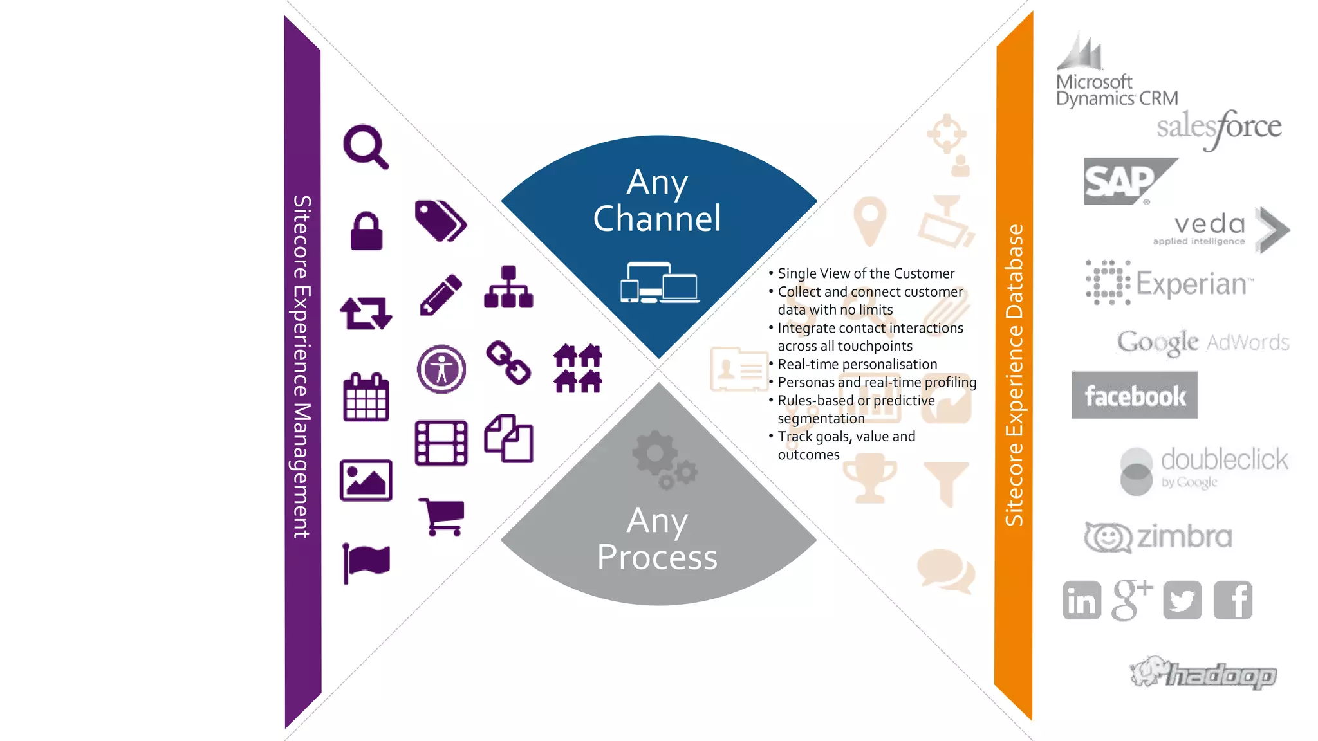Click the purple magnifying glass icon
(x=365, y=147)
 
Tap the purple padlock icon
(x=366, y=231)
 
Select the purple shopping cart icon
(x=442, y=517)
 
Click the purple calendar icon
(x=366, y=398)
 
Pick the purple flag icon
(x=366, y=562)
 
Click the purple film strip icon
(x=441, y=443)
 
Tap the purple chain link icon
(x=508, y=362)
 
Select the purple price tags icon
(x=441, y=221)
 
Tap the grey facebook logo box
(x=1134, y=396)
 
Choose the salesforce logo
(x=1219, y=127)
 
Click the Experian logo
(x=1170, y=283)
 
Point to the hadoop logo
(x=1203, y=673)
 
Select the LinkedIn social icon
(x=1081, y=600)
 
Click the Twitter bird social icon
(x=1182, y=600)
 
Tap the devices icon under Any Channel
(x=660, y=282)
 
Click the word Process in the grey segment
(x=657, y=557)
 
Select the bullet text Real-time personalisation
(x=857, y=364)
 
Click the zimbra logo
(x=1158, y=536)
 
